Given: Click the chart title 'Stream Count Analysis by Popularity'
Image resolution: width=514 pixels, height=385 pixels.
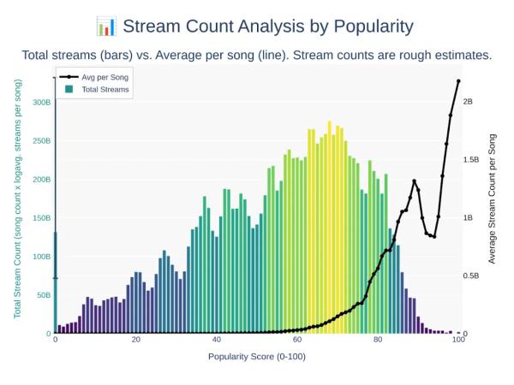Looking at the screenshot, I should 268,25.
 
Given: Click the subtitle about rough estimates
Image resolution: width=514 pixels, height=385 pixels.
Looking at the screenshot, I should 256,56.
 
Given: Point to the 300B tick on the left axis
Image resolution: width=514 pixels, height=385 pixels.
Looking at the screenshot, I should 40,102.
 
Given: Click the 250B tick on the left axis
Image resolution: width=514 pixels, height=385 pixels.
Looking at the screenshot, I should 40,140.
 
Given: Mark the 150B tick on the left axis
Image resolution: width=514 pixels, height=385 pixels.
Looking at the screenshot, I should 40,217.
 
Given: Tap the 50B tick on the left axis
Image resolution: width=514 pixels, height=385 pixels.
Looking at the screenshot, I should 42,294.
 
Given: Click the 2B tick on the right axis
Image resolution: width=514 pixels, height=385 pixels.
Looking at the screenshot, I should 468,101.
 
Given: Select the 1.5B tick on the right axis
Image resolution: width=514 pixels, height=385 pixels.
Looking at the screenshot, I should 472,159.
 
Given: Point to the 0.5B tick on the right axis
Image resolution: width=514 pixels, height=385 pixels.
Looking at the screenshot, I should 472,275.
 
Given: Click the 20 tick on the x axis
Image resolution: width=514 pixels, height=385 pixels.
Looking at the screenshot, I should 135,340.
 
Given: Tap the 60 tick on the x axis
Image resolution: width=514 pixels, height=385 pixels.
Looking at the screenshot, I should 297,340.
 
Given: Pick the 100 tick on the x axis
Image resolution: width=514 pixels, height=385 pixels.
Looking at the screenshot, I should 458,340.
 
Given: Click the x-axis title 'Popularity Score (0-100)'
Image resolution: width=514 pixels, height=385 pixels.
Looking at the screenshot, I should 256,356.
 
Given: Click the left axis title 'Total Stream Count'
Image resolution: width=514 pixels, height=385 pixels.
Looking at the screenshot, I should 17,198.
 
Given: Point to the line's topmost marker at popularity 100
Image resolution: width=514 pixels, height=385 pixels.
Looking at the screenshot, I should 458,81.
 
